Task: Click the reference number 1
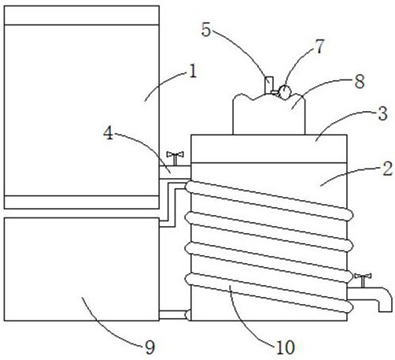pyautogui.click(x=193, y=72)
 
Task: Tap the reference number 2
pyautogui.click(x=388, y=169)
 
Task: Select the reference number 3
pyautogui.click(x=383, y=113)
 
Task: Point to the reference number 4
pyautogui.click(x=109, y=133)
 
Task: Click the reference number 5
pyautogui.click(x=206, y=29)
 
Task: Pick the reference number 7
pyautogui.click(x=319, y=46)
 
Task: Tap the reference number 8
pyautogui.click(x=360, y=81)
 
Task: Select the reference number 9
pyautogui.click(x=150, y=347)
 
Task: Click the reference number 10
pyautogui.click(x=286, y=347)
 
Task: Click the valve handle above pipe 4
pyautogui.click(x=175, y=158)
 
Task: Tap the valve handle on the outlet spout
pyautogui.click(x=363, y=280)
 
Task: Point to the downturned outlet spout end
pyautogui.click(x=385, y=306)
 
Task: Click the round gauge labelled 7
pyautogui.click(x=285, y=92)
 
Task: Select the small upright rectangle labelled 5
pyautogui.click(x=268, y=85)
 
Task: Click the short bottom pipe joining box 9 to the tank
pyautogui.click(x=175, y=315)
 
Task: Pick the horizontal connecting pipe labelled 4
pyautogui.click(x=175, y=173)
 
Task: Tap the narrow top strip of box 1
pyautogui.click(x=82, y=15)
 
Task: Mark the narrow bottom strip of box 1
pyautogui.click(x=82, y=202)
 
